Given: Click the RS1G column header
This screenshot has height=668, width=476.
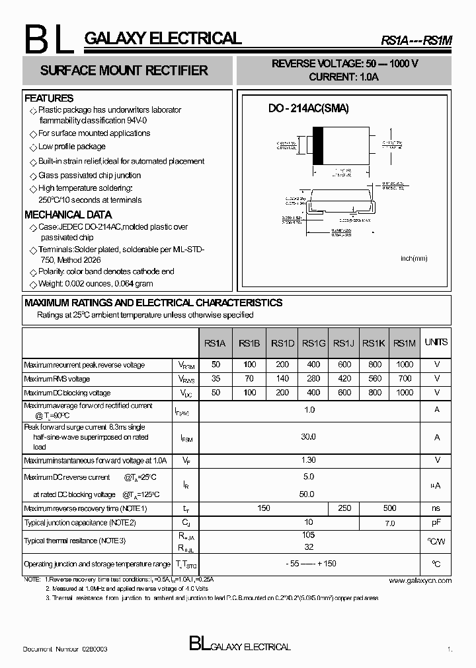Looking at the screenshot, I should [314, 343].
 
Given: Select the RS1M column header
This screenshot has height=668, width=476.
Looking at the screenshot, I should [404, 343].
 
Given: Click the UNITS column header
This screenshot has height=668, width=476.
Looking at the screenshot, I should [436, 342].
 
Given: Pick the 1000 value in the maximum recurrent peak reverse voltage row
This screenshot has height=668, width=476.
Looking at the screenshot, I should [404, 364].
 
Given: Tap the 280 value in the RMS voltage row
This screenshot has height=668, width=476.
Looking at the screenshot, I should [314, 379].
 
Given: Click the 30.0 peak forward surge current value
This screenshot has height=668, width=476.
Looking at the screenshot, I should [308, 437].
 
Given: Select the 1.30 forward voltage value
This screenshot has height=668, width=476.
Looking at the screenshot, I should [308, 460].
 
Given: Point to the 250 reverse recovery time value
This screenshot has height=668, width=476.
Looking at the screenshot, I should [344, 508].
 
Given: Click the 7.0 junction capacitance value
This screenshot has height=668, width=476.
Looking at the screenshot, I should [389, 523].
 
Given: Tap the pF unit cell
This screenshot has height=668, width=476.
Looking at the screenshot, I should [436, 523].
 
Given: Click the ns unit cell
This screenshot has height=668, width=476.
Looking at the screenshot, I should [436, 508].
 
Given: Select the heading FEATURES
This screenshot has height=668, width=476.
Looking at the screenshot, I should [49, 98].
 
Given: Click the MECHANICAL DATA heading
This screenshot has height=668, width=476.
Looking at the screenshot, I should [68, 215].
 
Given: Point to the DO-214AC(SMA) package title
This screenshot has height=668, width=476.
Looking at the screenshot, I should [308, 108].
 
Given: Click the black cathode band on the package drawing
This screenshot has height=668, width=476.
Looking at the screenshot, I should [318, 145].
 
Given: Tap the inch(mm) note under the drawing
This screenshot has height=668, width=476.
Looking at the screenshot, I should [414, 258].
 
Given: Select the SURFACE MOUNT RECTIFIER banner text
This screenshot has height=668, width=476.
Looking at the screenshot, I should [124, 71].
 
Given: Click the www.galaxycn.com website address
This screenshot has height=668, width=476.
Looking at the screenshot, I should [420, 580].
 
